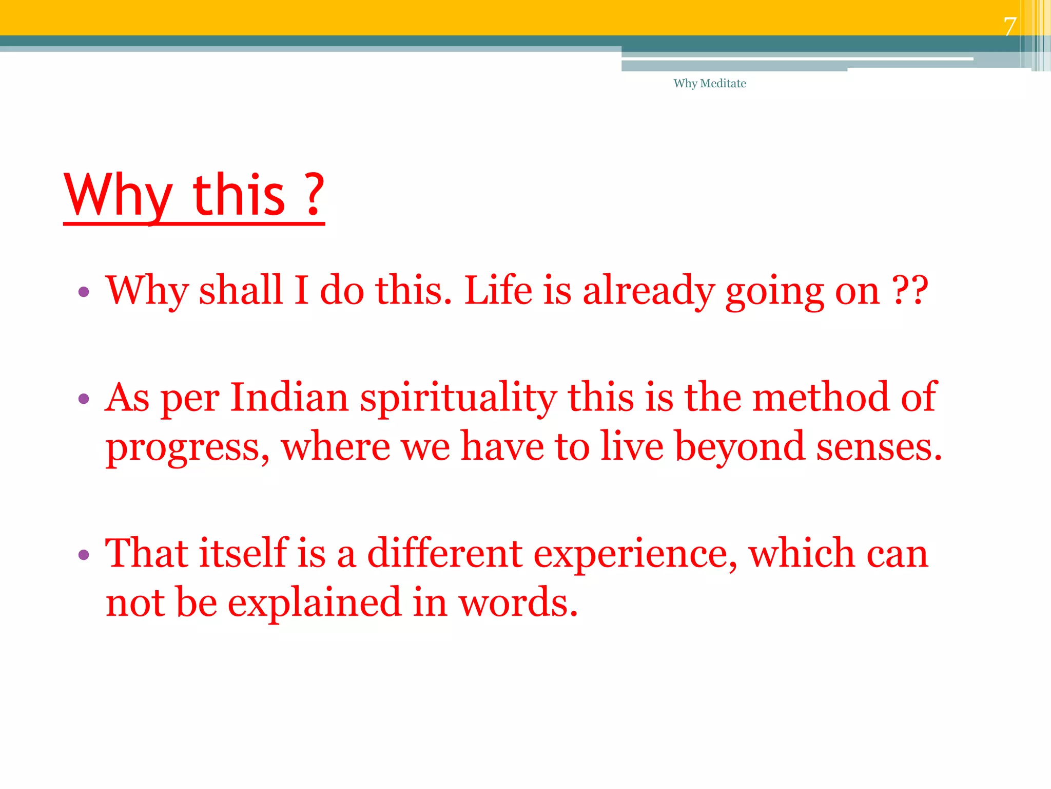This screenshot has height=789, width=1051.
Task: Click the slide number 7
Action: coord(1010,26)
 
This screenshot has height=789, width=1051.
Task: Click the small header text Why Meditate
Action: coord(710,84)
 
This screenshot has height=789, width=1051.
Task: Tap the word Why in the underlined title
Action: coord(119,196)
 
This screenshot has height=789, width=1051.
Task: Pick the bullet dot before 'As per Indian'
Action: coord(84,399)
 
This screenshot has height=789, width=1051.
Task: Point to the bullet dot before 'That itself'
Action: coord(84,555)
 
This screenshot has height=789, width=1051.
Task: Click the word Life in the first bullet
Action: coord(498,291)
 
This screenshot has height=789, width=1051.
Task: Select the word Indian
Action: coord(289,398)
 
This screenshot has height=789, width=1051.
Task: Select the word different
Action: coord(444,554)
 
